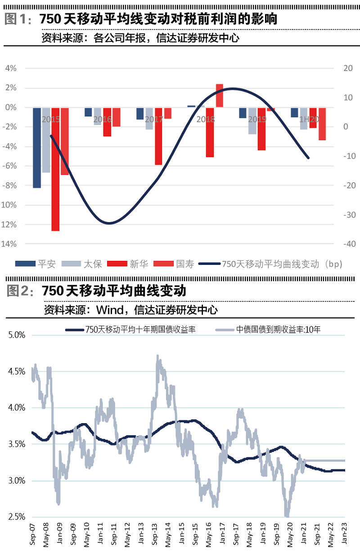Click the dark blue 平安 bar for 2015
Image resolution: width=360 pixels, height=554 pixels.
[37, 147]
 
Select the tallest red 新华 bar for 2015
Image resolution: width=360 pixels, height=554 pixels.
[55, 169]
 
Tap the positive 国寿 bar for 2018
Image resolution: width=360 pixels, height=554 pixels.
[220, 95]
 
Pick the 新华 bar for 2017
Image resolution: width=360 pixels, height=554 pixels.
[158, 136]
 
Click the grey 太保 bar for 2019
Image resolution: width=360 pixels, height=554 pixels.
[252, 121]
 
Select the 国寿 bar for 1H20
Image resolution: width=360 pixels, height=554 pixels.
[322, 124]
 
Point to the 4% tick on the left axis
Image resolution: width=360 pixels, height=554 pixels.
[11, 68]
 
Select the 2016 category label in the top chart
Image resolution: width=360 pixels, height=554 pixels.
[103, 119]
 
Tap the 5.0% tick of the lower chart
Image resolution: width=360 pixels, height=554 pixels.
[16, 335]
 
